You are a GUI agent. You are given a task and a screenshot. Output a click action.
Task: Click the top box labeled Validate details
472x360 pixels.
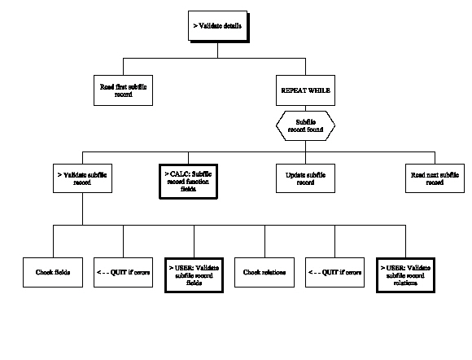(x=216, y=26)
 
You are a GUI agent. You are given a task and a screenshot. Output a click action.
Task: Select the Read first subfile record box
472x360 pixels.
(x=123, y=90)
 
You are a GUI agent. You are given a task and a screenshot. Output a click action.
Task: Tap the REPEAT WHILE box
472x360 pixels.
(x=304, y=90)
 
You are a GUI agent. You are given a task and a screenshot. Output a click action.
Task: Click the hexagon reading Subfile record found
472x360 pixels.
(x=304, y=125)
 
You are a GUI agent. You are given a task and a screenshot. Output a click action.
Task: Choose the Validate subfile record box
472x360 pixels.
(x=81, y=178)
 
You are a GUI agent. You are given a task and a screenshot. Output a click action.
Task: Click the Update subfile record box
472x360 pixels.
(x=304, y=178)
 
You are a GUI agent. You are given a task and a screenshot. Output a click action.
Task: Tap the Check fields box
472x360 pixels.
(x=52, y=271)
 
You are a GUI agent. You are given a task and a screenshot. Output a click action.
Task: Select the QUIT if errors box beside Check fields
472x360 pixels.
(x=123, y=271)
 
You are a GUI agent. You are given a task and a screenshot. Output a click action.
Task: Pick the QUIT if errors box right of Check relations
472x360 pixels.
(x=335, y=271)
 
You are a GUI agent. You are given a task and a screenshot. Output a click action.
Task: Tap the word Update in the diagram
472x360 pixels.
(x=294, y=174)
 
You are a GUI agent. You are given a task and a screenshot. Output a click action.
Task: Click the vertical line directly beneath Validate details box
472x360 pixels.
(x=216, y=49)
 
